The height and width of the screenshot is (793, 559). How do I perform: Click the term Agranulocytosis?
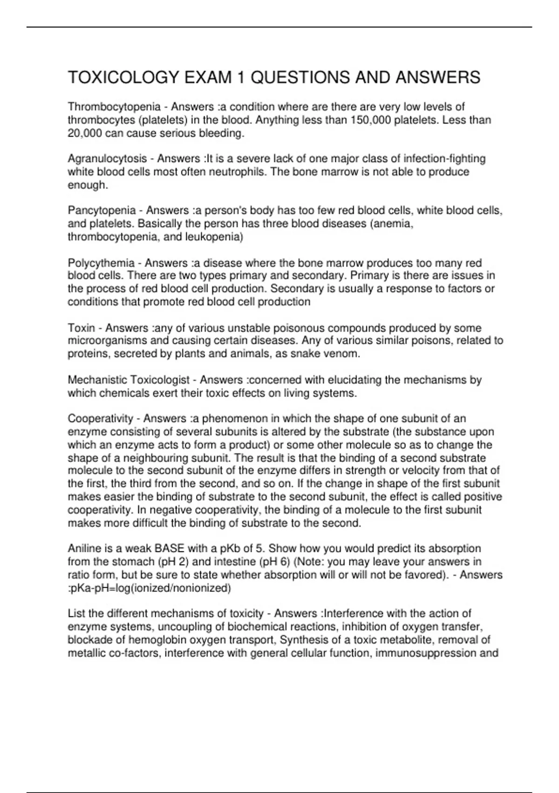click(107, 159)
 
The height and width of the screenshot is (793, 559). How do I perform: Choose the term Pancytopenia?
click(102, 211)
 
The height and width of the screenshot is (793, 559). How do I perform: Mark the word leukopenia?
click(214, 237)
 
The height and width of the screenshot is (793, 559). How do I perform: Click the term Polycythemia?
click(101, 263)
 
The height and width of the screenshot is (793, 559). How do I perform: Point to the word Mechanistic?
click(97, 380)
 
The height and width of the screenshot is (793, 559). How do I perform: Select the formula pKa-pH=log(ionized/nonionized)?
click(150, 588)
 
